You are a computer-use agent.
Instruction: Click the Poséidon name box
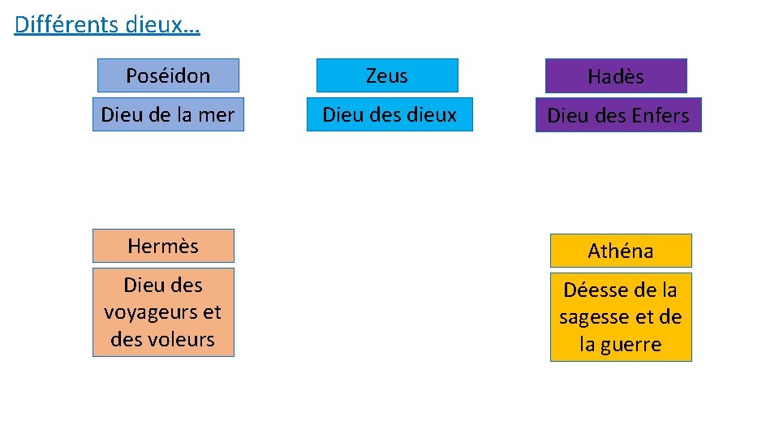168,75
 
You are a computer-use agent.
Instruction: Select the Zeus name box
387,75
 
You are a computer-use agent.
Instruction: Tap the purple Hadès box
616,76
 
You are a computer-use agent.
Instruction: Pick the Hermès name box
163,246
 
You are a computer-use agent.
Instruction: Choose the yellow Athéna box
621,251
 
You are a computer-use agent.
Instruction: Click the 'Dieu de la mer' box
168,115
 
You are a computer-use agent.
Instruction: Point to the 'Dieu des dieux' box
389,115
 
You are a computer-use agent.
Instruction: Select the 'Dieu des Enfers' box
618,115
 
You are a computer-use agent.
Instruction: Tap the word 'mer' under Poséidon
216,115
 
